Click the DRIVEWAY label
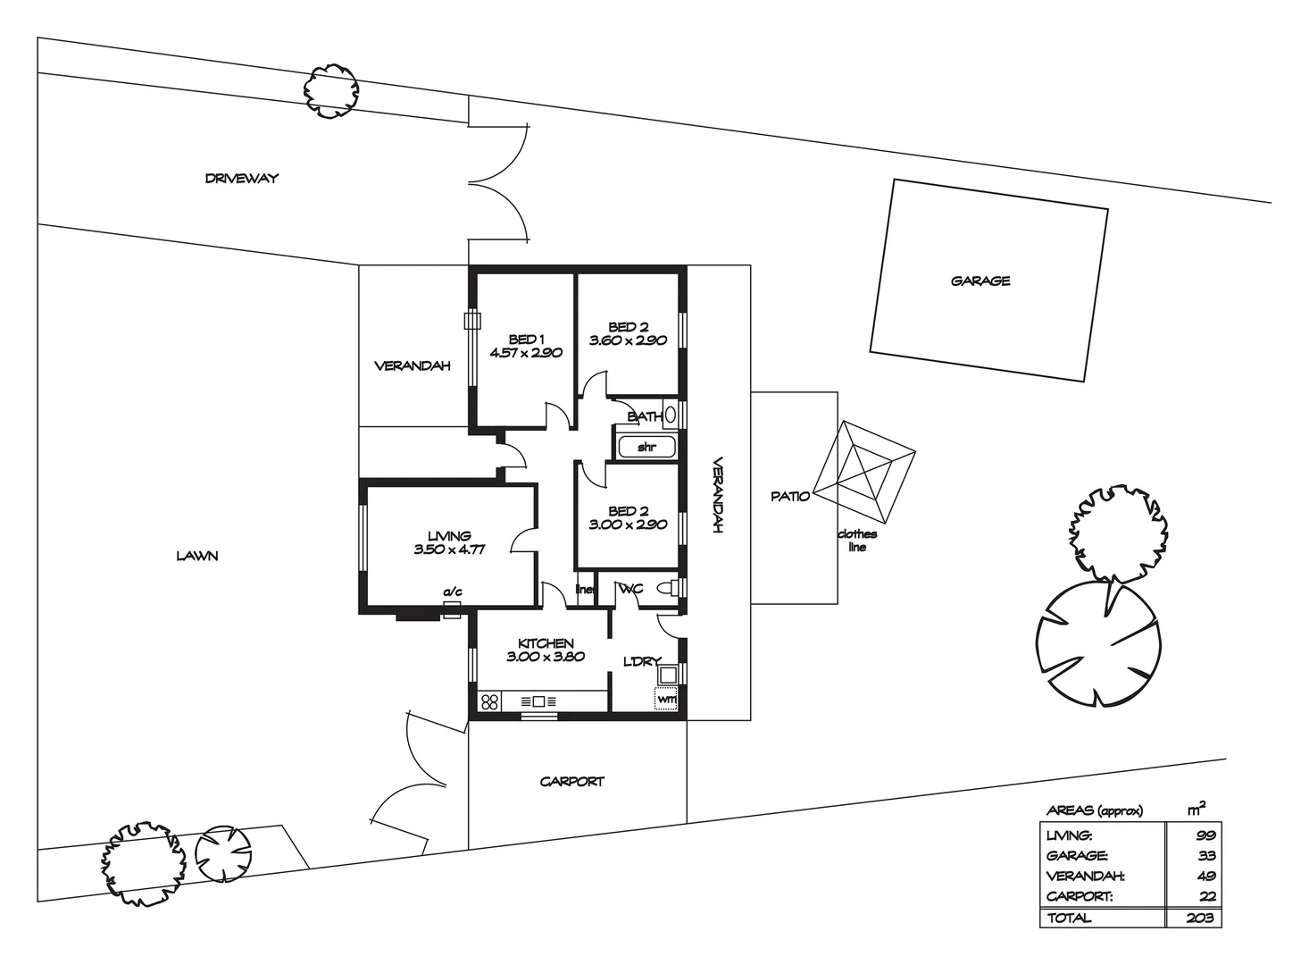point(241,178)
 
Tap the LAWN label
point(196,556)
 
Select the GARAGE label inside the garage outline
point(980,281)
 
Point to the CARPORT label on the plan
point(571,781)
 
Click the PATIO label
point(790,496)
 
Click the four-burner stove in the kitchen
point(489,701)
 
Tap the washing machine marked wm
point(666,699)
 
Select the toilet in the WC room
point(665,588)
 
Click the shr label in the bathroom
point(646,447)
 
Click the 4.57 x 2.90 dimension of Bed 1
point(525,353)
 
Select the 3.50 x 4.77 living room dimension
point(449,550)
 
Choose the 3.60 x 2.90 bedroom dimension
point(628,340)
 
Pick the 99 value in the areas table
point(1205,835)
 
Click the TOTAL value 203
point(1201,918)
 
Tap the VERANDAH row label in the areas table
point(1085,877)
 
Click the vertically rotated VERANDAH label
point(717,496)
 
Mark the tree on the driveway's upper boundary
point(331,90)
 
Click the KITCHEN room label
point(546,643)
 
